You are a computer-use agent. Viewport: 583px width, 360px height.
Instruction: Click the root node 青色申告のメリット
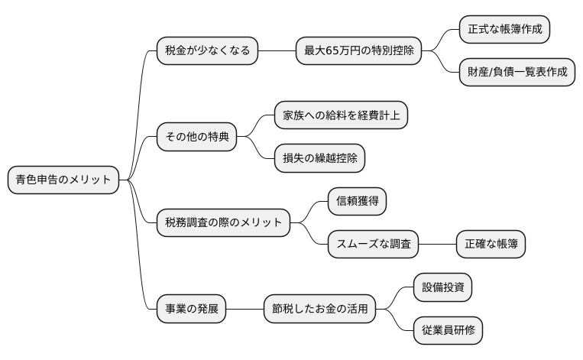(x=63, y=180)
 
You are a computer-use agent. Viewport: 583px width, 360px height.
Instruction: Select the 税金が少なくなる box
(x=207, y=51)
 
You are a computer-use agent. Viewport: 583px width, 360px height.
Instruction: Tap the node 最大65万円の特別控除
(x=358, y=51)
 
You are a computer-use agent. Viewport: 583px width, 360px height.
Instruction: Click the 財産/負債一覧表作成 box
(x=517, y=73)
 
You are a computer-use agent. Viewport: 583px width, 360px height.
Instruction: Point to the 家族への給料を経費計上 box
(x=341, y=115)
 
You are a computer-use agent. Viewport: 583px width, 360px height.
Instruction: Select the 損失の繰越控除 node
(x=319, y=158)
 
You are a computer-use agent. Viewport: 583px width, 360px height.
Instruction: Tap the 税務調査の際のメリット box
(x=223, y=223)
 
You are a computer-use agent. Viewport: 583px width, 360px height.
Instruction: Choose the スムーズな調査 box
(x=374, y=245)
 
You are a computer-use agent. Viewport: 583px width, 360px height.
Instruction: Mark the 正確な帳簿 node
(x=491, y=245)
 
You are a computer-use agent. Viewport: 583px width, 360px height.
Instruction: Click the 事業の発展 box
(x=192, y=310)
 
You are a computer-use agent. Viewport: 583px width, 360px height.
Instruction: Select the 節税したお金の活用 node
(x=320, y=310)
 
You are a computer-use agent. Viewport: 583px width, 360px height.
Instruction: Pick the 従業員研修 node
(x=448, y=331)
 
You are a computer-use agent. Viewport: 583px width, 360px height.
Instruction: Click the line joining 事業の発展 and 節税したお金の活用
(x=245, y=310)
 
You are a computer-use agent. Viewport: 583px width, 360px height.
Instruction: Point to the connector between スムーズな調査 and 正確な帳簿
(x=438, y=245)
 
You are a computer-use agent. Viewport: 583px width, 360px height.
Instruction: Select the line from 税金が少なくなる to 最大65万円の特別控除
(x=277, y=51)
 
